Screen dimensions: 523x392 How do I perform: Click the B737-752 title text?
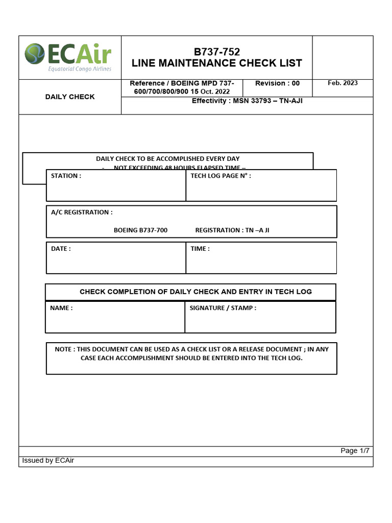pyautogui.click(x=216, y=52)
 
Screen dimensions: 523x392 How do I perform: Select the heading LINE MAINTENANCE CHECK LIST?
pyautogui.click(x=216, y=63)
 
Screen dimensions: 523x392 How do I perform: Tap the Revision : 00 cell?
pyautogui.click(x=277, y=83)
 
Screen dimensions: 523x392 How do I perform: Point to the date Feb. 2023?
pyautogui.click(x=342, y=83)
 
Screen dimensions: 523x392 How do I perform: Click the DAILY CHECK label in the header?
pyautogui.click(x=70, y=97)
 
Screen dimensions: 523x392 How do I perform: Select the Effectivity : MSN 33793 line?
pyautogui.click(x=247, y=101)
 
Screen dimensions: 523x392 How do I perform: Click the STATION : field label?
pyautogui.click(x=66, y=176)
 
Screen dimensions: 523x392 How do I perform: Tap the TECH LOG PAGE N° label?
pyautogui.click(x=220, y=176)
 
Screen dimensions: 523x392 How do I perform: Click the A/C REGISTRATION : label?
pyautogui.click(x=82, y=212)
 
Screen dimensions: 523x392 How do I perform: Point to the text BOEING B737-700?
pyautogui.click(x=140, y=230)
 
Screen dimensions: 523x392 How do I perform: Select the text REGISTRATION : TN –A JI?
pyautogui.click(x=232, y=230)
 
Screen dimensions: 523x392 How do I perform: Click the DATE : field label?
pyautogui.click(x=61, y=249)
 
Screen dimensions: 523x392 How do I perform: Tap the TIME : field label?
pyautogui.click(x=200, y=249)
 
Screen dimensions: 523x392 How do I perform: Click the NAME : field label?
pyautogui.click(x=61, y=308)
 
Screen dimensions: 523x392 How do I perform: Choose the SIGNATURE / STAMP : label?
pyautogui.click(x=223, y=308)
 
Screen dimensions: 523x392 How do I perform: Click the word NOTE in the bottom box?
pyautogui.click(x=63, y=349)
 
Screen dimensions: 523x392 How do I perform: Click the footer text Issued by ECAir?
pyautogui.click(x=48, y=461)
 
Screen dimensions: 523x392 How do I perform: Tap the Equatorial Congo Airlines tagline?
pyautogui.click(x=79, y=69)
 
